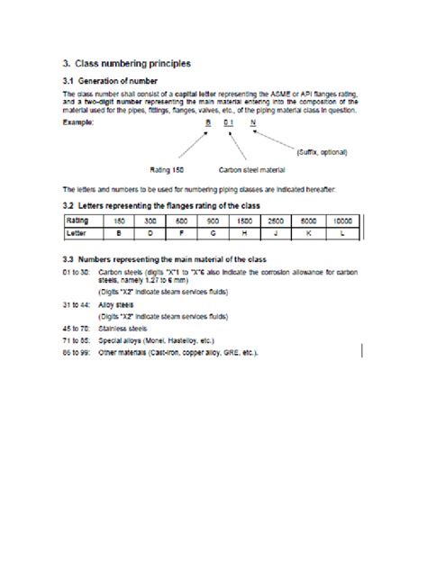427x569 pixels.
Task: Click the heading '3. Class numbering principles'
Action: click(126, 64)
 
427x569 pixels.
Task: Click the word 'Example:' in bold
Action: click(78, 121)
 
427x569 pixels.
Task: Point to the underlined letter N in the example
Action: click(253, 121)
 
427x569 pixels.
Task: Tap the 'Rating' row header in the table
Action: click(82, 220)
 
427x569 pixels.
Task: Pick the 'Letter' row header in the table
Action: click(82, 231)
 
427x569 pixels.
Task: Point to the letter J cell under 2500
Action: click(277, 231)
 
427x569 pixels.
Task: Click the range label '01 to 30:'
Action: click(77, 270)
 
